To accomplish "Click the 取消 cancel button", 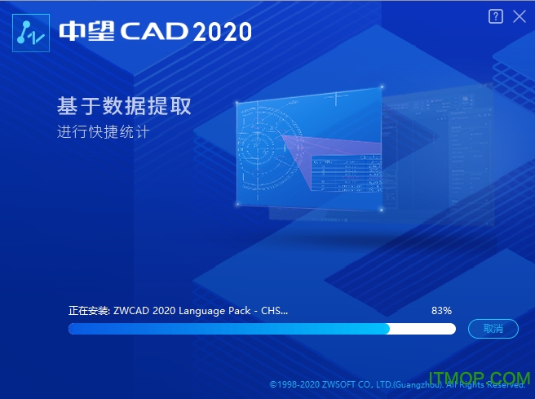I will click(x=493, y=329).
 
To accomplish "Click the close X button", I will click(x=520, y=16).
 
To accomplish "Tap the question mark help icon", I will click(x=495, y=16).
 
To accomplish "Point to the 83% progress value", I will click(x=441, y=311).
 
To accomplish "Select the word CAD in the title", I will click(x=154, y=31).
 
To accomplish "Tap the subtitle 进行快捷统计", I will click(x=104, y=132).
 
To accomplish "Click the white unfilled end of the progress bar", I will click(x=422, y=329).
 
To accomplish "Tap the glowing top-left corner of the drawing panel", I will click(x=237, y=103).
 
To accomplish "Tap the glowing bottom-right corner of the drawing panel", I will click(x=382, y=211).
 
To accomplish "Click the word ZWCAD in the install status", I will click(x=132, y=311).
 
